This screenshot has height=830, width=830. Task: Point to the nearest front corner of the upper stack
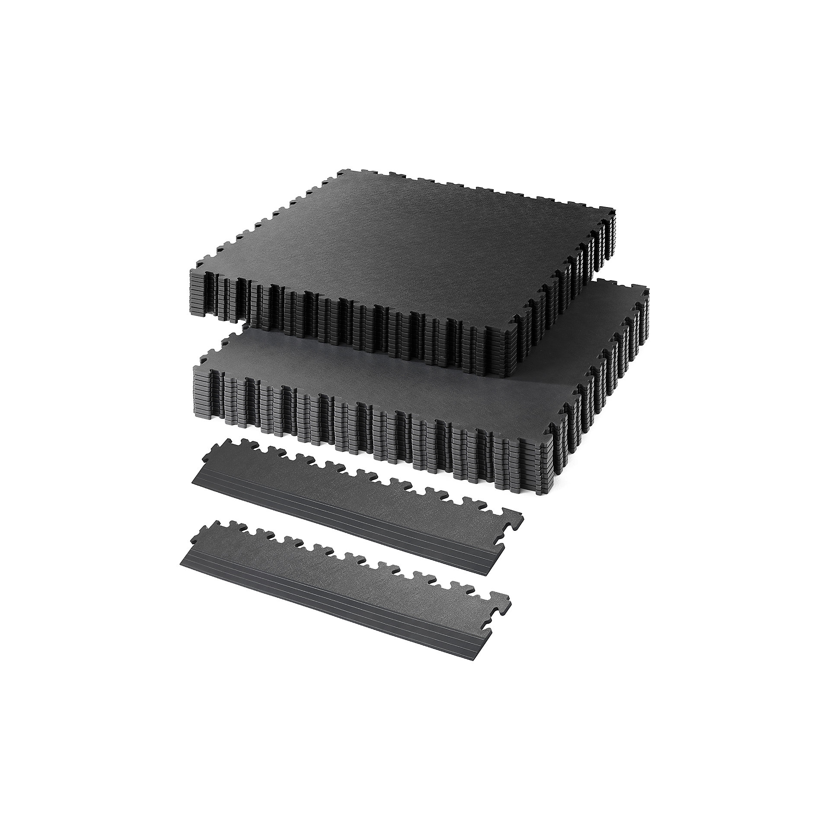pos(510,372)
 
